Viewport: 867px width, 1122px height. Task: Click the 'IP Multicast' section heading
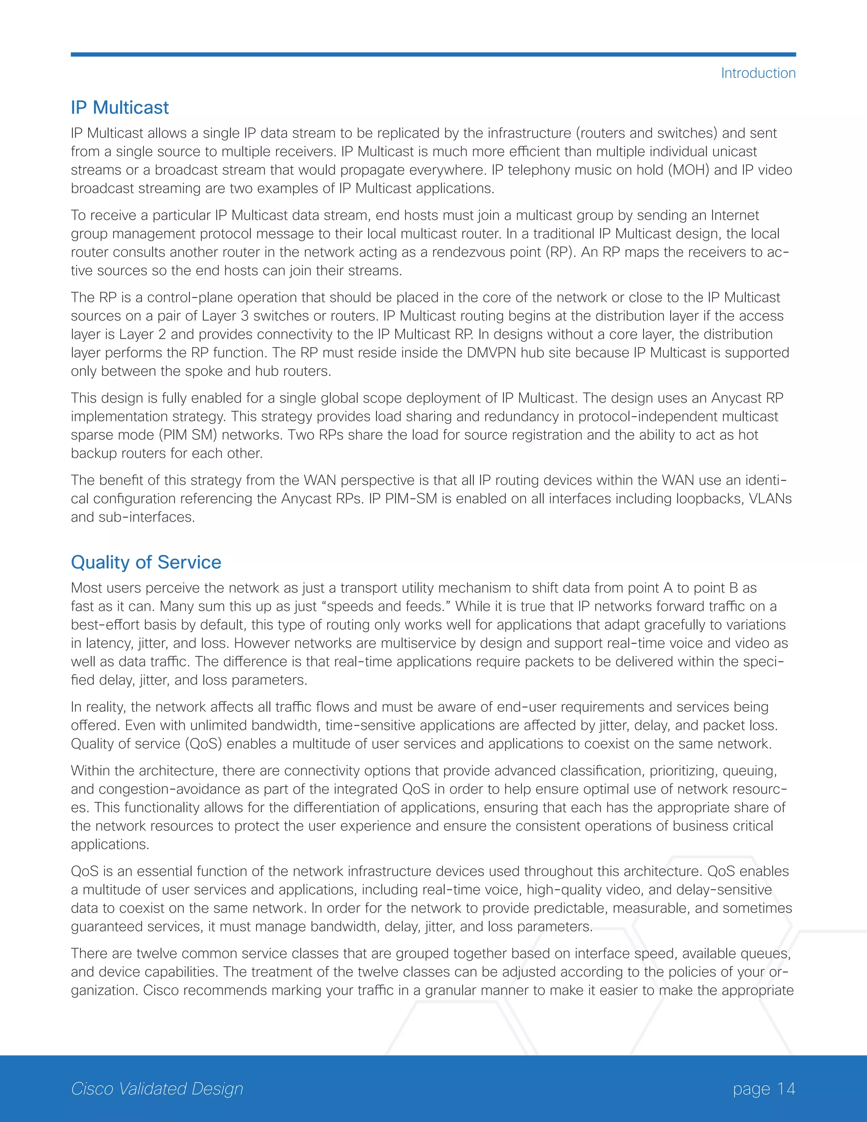[120, 108]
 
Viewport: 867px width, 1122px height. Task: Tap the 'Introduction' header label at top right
[758, 73]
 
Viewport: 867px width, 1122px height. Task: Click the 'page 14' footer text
[764, 1088]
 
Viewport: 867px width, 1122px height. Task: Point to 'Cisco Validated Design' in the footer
[157, 1088]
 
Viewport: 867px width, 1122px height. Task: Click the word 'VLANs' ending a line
[769, 499]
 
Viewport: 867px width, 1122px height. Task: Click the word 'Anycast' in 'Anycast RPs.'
[306, 499]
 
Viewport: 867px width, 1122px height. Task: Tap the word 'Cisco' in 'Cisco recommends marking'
[161, 990]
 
